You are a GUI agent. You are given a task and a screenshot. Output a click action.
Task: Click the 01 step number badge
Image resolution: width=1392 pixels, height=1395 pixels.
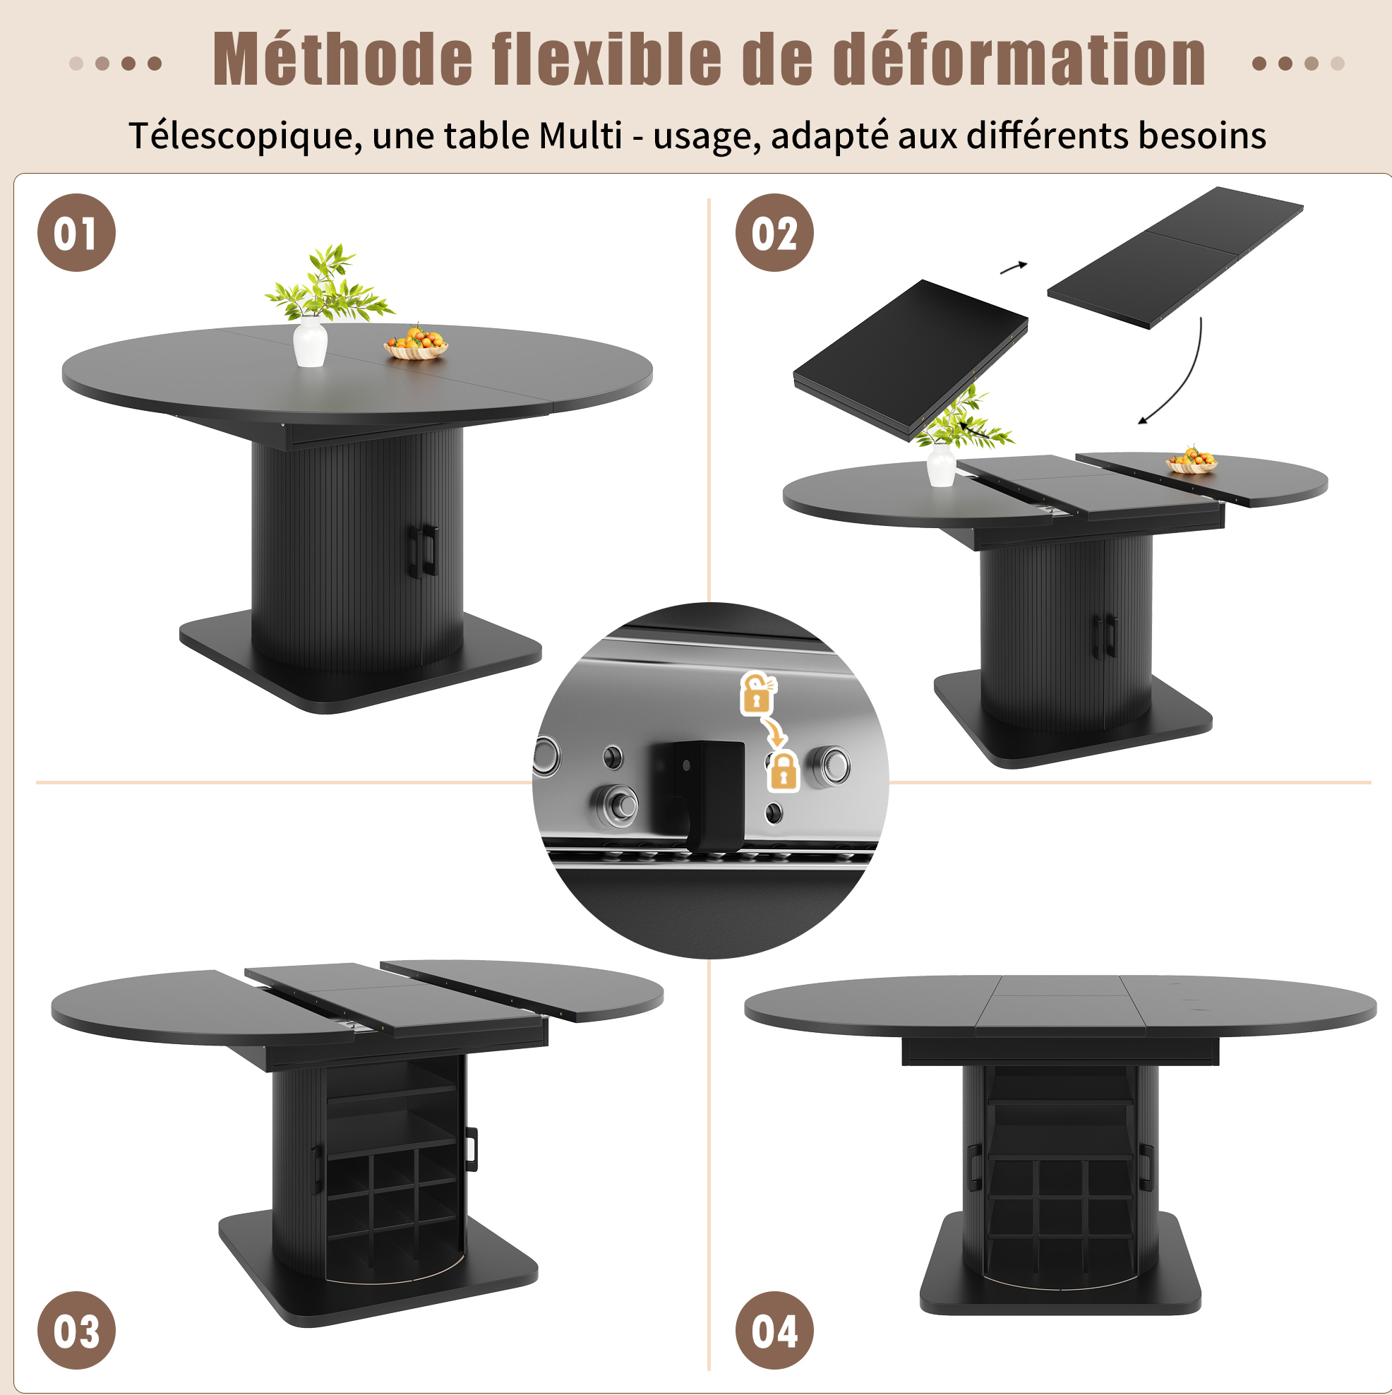(76, 232)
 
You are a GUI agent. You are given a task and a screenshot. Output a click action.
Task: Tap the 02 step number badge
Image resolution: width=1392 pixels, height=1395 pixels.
(774, 232)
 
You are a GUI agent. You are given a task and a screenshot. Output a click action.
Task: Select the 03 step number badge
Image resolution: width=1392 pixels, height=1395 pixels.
(76, 1330)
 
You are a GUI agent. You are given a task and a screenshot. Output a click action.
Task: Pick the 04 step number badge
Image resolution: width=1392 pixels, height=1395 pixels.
(774, 1330)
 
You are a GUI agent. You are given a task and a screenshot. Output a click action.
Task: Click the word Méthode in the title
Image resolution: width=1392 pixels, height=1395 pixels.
(342, 59)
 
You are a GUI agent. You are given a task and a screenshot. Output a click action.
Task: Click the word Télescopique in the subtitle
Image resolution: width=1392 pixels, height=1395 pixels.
(245, 136)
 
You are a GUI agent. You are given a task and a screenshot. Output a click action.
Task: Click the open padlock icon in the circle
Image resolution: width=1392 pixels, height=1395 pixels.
(757, 693)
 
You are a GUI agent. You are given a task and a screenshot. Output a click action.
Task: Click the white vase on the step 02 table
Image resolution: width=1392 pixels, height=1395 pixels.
(941, 465)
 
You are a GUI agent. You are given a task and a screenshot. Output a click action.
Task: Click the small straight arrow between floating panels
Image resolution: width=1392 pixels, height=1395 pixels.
(1013, 268)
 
